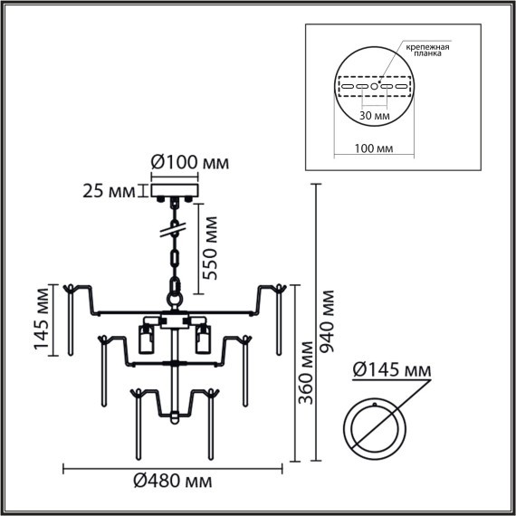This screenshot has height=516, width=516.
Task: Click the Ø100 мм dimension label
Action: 188,163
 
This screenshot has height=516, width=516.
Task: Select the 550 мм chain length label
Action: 209,247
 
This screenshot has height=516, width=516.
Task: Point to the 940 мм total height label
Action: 327,321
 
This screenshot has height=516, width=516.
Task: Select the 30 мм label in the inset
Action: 373,116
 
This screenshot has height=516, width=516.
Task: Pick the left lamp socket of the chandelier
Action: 144,341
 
